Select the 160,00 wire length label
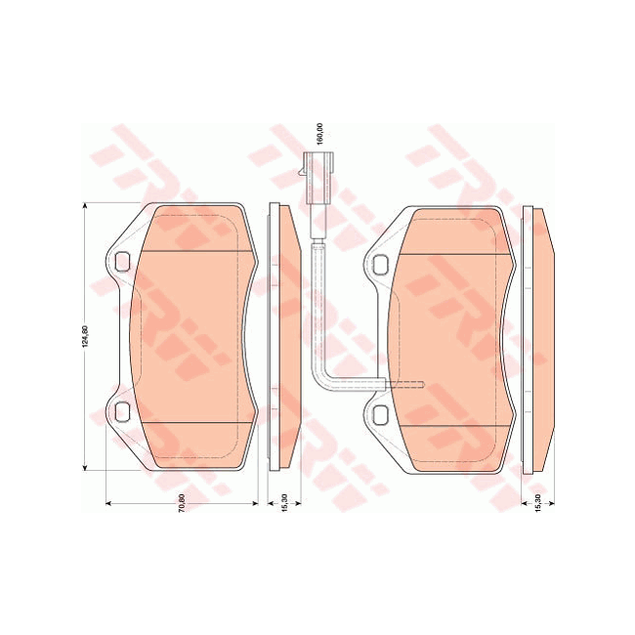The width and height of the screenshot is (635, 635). coord(317,133)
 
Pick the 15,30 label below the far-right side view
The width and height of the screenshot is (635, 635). coord(540,499)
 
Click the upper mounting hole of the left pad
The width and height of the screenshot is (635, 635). coord(122,261)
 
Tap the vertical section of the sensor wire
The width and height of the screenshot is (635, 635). coord(317,303)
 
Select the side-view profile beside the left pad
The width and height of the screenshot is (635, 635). coord(283,337)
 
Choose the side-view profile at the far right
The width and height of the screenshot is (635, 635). coord(540,337)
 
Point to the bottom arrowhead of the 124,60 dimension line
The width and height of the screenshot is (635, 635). coord(86,469)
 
